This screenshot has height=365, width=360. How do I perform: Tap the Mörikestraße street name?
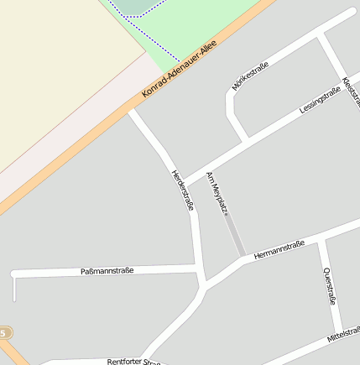250,76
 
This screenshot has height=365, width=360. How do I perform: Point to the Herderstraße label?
182,190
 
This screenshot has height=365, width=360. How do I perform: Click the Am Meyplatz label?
217,190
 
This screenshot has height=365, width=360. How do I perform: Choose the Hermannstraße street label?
278,248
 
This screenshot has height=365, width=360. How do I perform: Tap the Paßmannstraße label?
107,271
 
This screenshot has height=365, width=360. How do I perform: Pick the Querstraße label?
330,285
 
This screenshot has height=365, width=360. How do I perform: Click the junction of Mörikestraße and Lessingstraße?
246,139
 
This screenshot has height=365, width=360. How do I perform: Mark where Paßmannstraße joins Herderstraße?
200,269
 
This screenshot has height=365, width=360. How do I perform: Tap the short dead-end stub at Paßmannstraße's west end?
14,288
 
